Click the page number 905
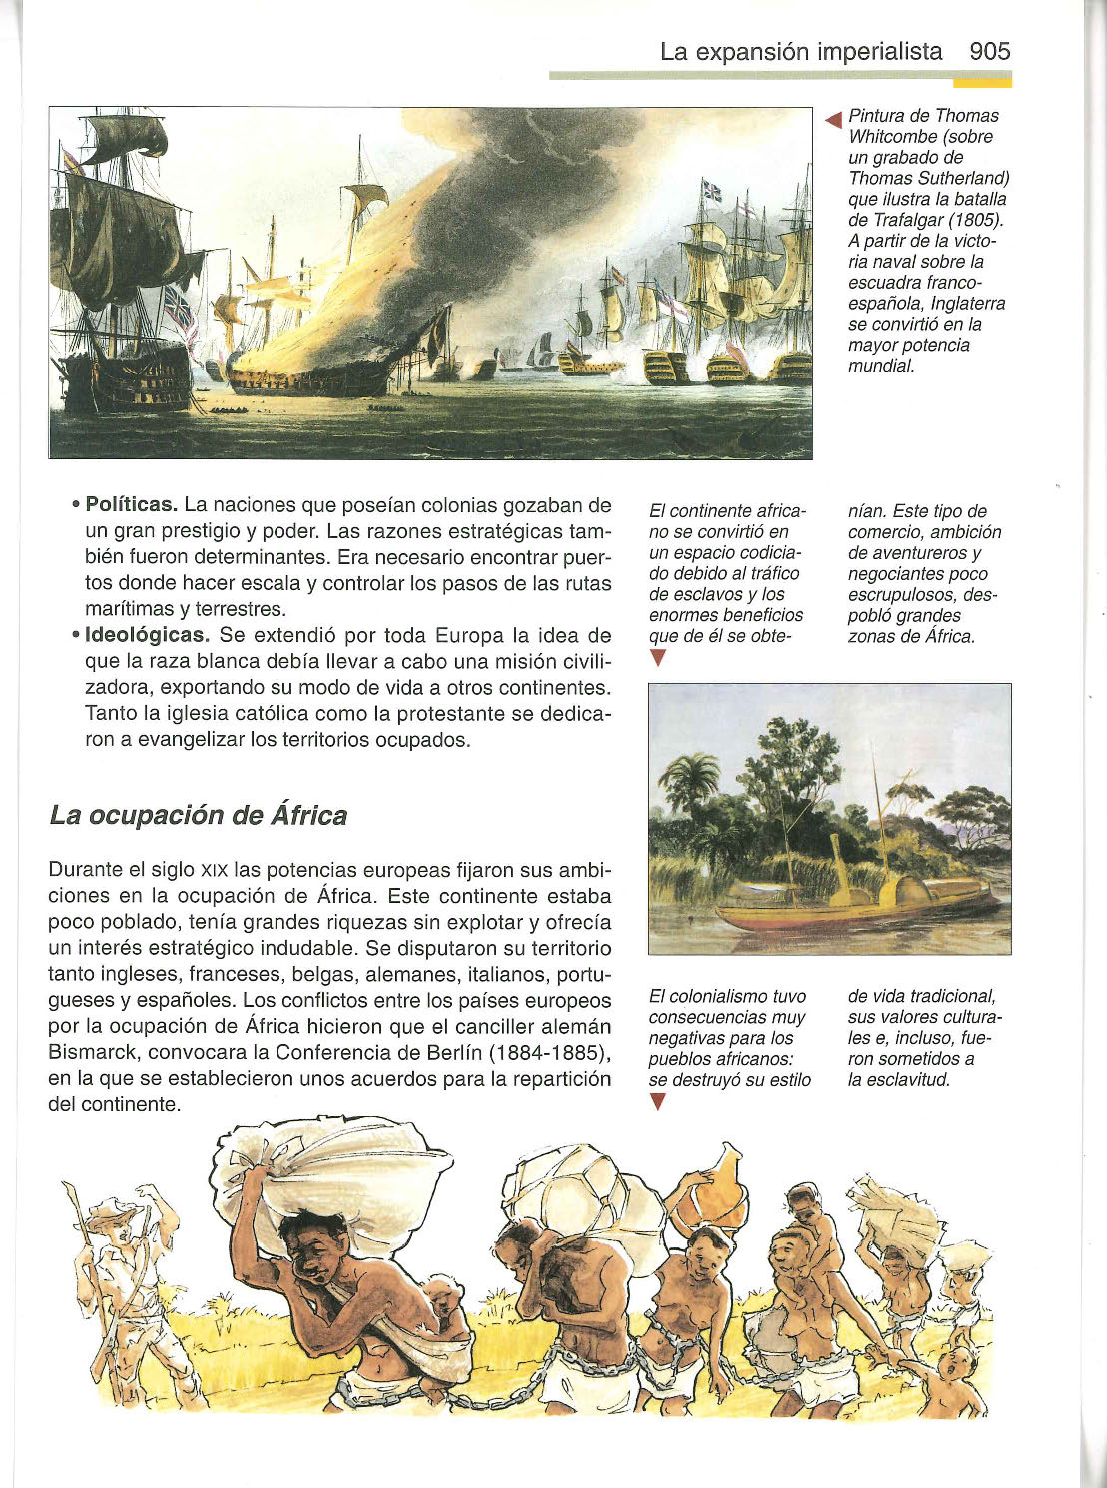pos(989,52)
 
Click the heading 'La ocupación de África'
pos(198,815)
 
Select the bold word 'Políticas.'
pos(131,504)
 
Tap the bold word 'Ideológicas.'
pos(147,635)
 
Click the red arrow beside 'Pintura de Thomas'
pos(833,120)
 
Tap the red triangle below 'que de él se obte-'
pos(656,657)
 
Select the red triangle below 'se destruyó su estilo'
pos(656,1101)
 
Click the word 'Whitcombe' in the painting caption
pos(890,137)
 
